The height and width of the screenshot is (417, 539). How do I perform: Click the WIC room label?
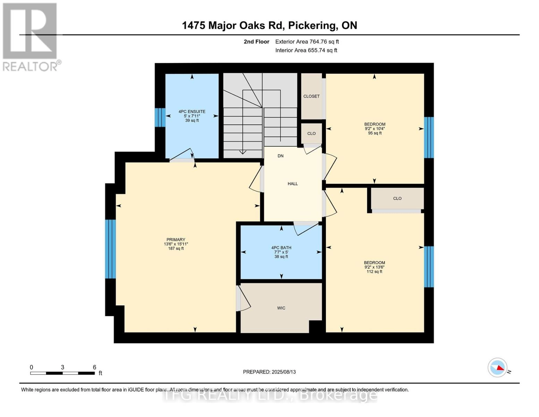(281, 308)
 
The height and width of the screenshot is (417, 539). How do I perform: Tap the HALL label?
(293, 183)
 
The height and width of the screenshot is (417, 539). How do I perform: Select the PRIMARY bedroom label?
(176, 239)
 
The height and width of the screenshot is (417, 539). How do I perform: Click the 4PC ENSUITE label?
(192, 112)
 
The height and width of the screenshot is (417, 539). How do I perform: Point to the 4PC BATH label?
(281, 248)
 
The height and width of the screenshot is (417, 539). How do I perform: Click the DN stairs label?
(280, 156)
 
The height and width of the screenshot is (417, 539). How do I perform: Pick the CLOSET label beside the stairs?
(312, 96)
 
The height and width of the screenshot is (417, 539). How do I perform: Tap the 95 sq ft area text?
(375, 133)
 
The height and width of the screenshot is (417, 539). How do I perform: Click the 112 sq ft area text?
(374, 271)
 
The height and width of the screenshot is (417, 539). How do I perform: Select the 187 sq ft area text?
(176, 248)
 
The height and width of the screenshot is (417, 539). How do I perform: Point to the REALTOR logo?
(31, 37)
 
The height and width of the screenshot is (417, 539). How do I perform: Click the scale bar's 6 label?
(94, 367)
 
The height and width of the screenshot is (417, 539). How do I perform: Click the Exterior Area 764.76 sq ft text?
(307, 42)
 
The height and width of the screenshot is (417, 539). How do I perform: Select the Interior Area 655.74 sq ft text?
(306, 50)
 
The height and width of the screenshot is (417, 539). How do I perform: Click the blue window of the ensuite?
(160, 117)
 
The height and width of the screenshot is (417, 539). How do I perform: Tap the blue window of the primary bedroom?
(110, 249)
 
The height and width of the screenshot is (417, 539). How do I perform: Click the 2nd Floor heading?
(256, 42)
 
